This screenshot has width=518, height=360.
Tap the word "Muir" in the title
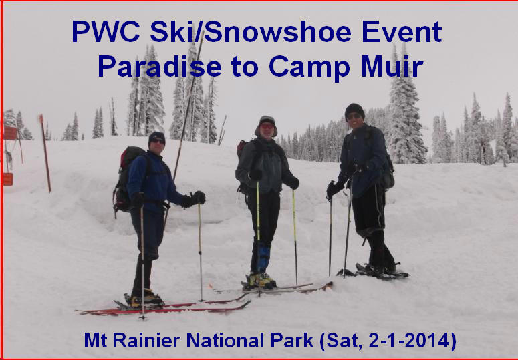[392, 66]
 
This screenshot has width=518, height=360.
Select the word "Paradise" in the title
[160, 66]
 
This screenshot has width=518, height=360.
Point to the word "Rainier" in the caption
[146, 340]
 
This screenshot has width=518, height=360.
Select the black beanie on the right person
[354, 111]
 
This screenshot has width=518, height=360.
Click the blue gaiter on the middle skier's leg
[264, 258]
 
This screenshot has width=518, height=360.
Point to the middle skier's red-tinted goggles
[267, 126]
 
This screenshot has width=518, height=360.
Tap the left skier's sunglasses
[158, 141]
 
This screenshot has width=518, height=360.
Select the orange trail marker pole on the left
[45, 154]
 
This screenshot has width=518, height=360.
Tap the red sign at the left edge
[10, 133]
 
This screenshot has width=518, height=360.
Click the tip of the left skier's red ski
[249, 302]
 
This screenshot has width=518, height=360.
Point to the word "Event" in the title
[402, 32]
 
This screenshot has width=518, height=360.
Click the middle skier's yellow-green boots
[261, 280]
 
